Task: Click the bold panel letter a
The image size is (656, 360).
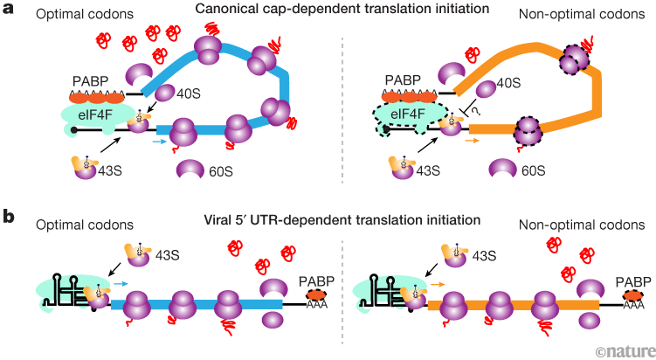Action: pos(9,10)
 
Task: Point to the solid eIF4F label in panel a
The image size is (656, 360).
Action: pos(83,113)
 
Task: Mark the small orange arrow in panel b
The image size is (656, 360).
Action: pos(437,260)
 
